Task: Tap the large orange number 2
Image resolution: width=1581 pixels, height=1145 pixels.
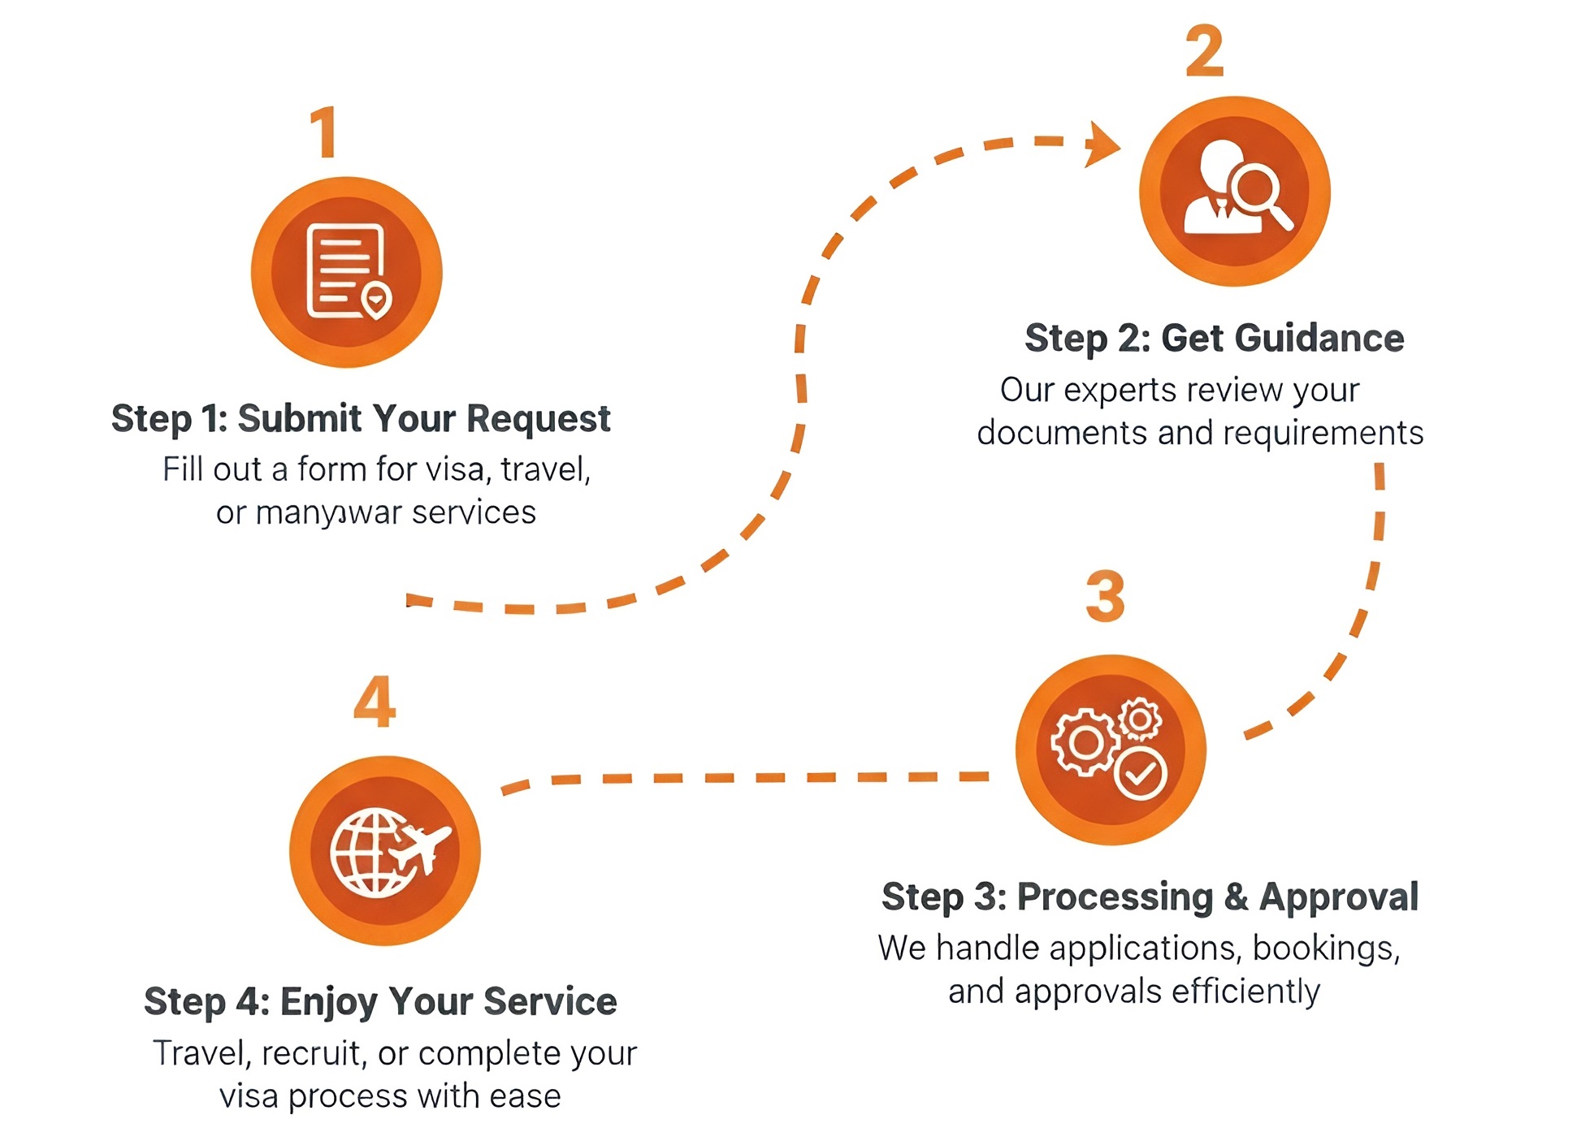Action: pyautogui.click(x=1204, y=50)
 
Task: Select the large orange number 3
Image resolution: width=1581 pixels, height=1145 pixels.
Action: pyautogui.click(x=1105, y=597)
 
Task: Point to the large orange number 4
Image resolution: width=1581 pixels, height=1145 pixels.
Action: pyautogui.click(x=375, y=701)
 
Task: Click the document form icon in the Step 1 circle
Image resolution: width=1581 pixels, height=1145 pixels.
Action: pyautogui.click(x=344, y=270)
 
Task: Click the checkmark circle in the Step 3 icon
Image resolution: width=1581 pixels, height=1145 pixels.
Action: pyautogui.click(x=1140, y=773)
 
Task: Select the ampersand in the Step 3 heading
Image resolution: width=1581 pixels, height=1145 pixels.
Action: pyautogui.click(x=1236, y=897)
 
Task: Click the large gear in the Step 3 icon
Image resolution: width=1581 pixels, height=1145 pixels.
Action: pyautogui.click(x=1083, y=741)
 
